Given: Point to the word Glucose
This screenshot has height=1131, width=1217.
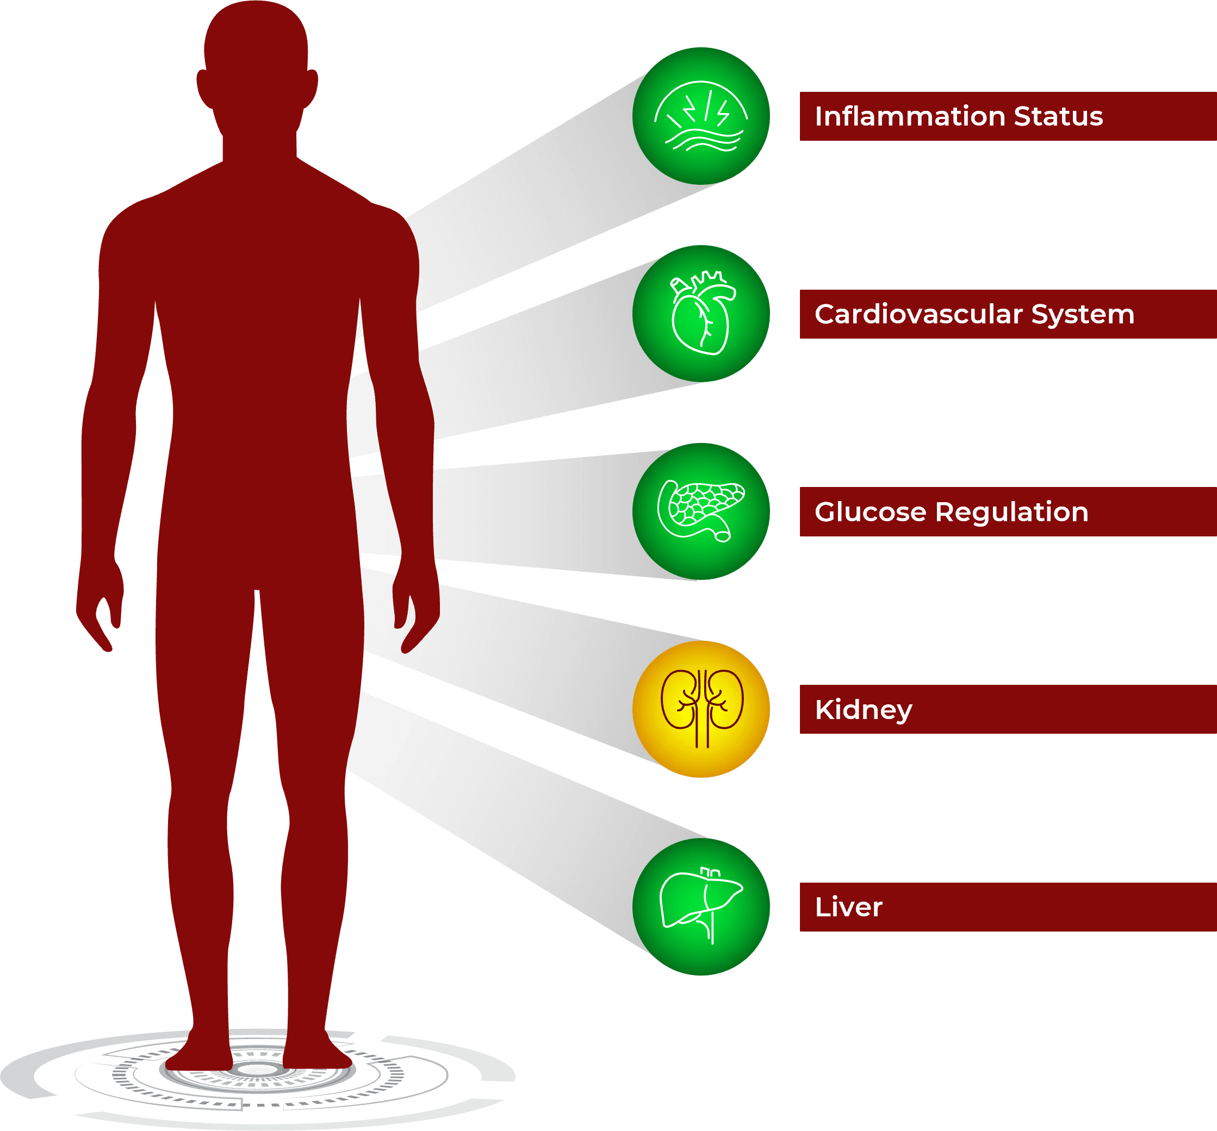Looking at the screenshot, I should pos(870,512).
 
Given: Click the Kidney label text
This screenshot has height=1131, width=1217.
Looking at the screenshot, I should pos(863,710).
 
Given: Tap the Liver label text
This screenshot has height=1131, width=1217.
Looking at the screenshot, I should pos(848,907).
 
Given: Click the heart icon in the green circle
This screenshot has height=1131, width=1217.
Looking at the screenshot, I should pos(701,314).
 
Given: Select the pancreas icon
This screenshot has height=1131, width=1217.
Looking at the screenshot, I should pos(701,511).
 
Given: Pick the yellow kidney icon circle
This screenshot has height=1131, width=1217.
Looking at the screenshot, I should pos(701,709).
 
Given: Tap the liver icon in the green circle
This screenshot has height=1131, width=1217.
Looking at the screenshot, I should pos(701,907).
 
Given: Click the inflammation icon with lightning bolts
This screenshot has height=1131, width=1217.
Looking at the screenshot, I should pos(701,116).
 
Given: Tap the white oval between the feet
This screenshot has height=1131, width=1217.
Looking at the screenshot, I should pos(258,1069).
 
